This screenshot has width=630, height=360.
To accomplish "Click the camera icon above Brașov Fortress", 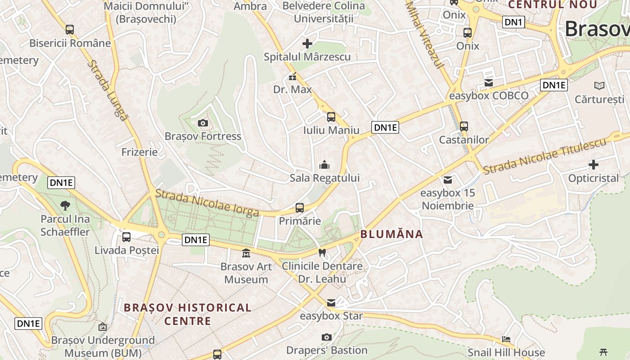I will (x=202, y=123).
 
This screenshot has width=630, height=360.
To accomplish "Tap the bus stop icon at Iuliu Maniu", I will (x=331, y=117).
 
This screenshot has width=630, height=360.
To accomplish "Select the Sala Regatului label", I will (x=324, y=178).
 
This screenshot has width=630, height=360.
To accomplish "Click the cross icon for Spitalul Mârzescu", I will (x=307, y=44).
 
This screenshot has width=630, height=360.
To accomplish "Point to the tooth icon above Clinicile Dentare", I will (x=322, y=252).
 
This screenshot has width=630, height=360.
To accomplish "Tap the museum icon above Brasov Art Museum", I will (x=246, y=253).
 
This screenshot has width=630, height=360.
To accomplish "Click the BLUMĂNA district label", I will (x=391, y=234).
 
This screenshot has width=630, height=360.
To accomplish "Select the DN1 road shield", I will (x=513, y=22).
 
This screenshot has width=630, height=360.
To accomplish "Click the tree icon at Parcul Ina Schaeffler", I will (x=65, y=206).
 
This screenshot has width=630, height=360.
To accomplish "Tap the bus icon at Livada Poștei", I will (x=126, y=237).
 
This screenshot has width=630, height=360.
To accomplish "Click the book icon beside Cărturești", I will (x=599, y=85).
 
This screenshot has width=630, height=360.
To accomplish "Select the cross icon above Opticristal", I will (x=594, y=165).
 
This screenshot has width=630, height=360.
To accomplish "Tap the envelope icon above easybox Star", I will (x=331, y=302).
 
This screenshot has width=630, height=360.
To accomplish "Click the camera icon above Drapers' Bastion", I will (x=327, y=337).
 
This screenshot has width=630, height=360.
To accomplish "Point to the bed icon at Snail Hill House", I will (x=506, y=339).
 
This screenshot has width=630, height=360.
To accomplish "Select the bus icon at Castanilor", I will (x=464, y=126).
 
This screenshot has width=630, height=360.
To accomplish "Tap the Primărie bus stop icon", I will (x=300, y=208).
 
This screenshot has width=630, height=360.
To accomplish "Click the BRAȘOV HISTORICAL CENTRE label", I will (x=188, y=314).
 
